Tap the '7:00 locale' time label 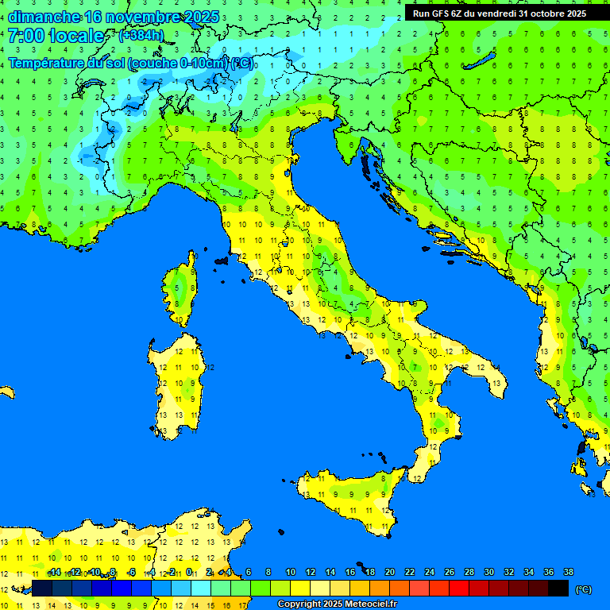coord(56,36)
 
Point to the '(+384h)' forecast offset coord(141,36)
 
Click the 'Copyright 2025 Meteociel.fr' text coord(337,604)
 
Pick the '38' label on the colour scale coord(568,573)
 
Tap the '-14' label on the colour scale coord(54,573)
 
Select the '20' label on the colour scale coord(390,573)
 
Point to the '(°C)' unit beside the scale coord(583,589)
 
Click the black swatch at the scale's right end coord(558,589)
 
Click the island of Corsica coord(182,291)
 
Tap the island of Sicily coord(346,496)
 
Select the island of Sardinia coord(177,385)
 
